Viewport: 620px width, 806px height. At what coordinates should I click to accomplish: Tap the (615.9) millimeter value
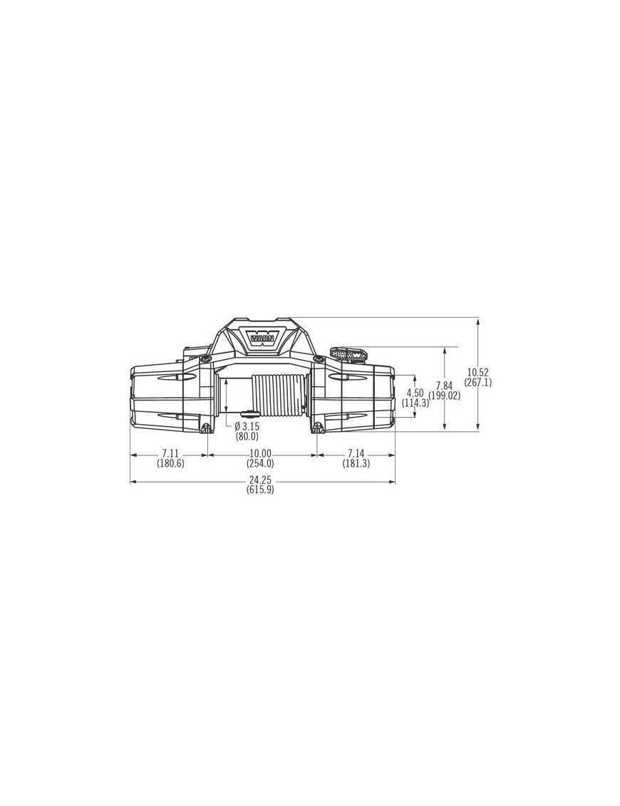tap(260, 490)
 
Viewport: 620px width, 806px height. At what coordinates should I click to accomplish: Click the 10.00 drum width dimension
tap(260, 454)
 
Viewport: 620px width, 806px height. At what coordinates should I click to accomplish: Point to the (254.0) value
tap(260, 463)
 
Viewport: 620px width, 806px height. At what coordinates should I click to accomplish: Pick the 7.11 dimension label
tap(170, 454)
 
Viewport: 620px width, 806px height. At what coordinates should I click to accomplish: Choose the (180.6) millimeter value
tap(170, 463)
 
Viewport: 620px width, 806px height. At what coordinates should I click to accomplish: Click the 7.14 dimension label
tap(356, 454)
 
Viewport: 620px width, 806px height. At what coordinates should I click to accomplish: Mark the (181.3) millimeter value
tap(356, 463)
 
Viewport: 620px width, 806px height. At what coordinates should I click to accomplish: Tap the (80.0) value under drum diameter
tap(247, 436)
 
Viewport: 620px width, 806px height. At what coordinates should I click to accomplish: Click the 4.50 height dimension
tap(415, 393)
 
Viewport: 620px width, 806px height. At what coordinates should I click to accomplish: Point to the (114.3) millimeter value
tap(415, 403)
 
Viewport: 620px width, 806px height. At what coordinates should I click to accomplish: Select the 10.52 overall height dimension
tap(477, 372)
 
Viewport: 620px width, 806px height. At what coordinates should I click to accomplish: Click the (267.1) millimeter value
tap(477, 382)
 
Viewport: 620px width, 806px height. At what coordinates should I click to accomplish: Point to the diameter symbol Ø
tap(237, 426)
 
